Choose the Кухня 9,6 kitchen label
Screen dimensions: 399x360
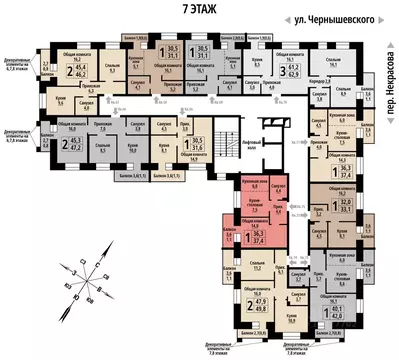click(x=61, y=100)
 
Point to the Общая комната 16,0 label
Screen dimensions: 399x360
click(x=73, y=128)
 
